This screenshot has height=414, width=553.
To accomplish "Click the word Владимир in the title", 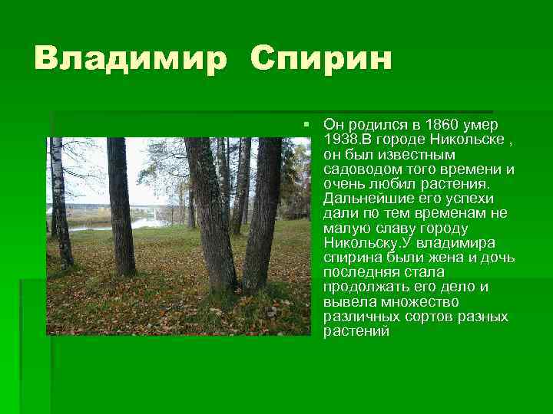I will tap(130, 58).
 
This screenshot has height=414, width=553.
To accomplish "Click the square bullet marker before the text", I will tap(306, 123).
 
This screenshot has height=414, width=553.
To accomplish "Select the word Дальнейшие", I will tap(363, 199).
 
